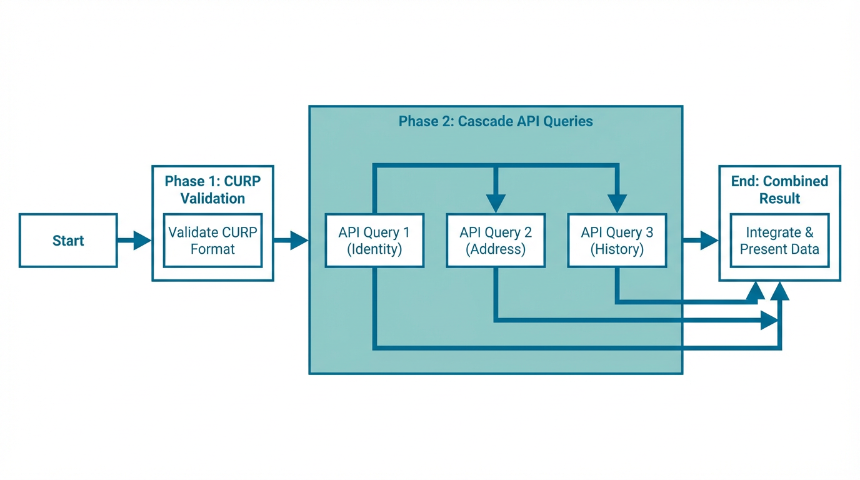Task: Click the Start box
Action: click(68, 241)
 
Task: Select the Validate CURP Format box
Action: click(212, 241)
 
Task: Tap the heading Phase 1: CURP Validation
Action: click(212, 189)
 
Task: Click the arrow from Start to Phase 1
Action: click(134, 241)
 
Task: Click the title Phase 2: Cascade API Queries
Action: click(496, 121)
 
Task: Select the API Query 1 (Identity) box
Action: click(374, 241)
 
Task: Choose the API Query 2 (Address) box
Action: click(496, 241)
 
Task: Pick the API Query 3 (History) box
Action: click(617, 241)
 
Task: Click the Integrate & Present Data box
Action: click(779, 241)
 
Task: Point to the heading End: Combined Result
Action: click(779, 189)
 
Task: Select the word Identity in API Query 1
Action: click(374, 249)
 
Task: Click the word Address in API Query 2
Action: click(496, 249)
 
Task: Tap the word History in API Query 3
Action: click(617, 249)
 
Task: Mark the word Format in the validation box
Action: click(212, 249)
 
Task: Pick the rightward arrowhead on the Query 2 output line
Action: click(769, 321)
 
